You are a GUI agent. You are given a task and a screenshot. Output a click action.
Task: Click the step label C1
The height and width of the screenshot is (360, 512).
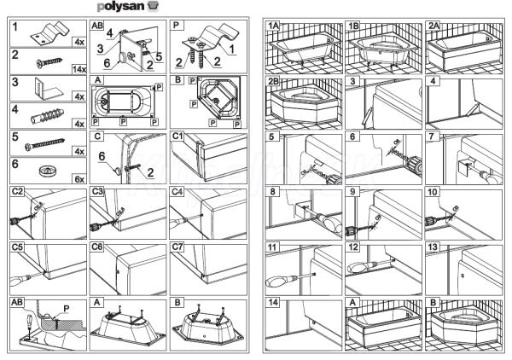(178, 136)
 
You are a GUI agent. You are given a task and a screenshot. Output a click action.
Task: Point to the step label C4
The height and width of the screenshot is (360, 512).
(178, 192)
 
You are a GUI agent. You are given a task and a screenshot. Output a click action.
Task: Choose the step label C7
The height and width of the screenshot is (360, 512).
(178, 247)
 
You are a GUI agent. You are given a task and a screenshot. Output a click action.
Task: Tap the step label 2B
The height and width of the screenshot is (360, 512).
(274, 83)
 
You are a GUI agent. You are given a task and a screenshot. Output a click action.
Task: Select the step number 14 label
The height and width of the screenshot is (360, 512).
(273, 303)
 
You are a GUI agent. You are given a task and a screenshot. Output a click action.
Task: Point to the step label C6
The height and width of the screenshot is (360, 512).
(97, 247)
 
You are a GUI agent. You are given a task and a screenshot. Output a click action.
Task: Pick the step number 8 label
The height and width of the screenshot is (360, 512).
(271, 192)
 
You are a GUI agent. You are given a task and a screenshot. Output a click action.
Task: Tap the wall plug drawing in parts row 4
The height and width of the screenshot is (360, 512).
(44, 116)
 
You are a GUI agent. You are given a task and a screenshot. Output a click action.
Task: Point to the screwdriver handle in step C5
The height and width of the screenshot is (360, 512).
(17, 277)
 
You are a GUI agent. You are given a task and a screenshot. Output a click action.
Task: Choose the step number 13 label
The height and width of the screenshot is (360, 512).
(434, 247)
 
